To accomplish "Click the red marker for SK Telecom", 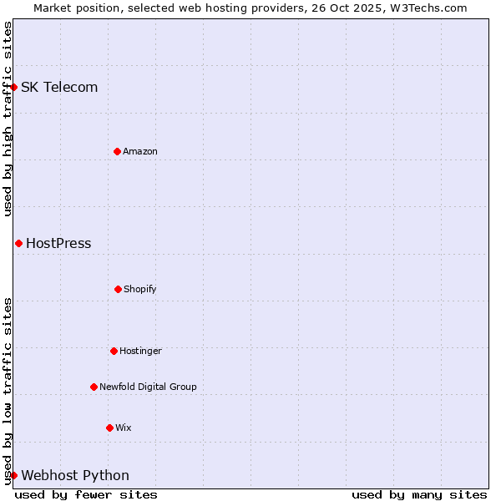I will point(13,87).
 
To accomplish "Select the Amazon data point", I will point(117,151).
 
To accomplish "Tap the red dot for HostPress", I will point(18,243).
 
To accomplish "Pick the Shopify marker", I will point(118,289).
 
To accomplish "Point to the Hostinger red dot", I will point(114,351).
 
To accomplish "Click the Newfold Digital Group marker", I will point(94,387).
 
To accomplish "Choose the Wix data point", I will point(109,428).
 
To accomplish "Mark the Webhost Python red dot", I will point(13,475).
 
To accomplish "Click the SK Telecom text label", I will point(59,87).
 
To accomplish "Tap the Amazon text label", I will point(140,151).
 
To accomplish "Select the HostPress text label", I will point(58,243).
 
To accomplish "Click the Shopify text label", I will point(140,289).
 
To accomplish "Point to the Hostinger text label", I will point(140,351).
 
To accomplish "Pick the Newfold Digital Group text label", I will point(148,387).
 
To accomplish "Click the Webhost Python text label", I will point(75,475).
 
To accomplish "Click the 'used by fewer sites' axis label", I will point(86,494).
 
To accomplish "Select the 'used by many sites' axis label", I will point(419,494).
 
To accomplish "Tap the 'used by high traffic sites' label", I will point(8,119).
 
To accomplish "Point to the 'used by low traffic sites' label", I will point(8,390).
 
